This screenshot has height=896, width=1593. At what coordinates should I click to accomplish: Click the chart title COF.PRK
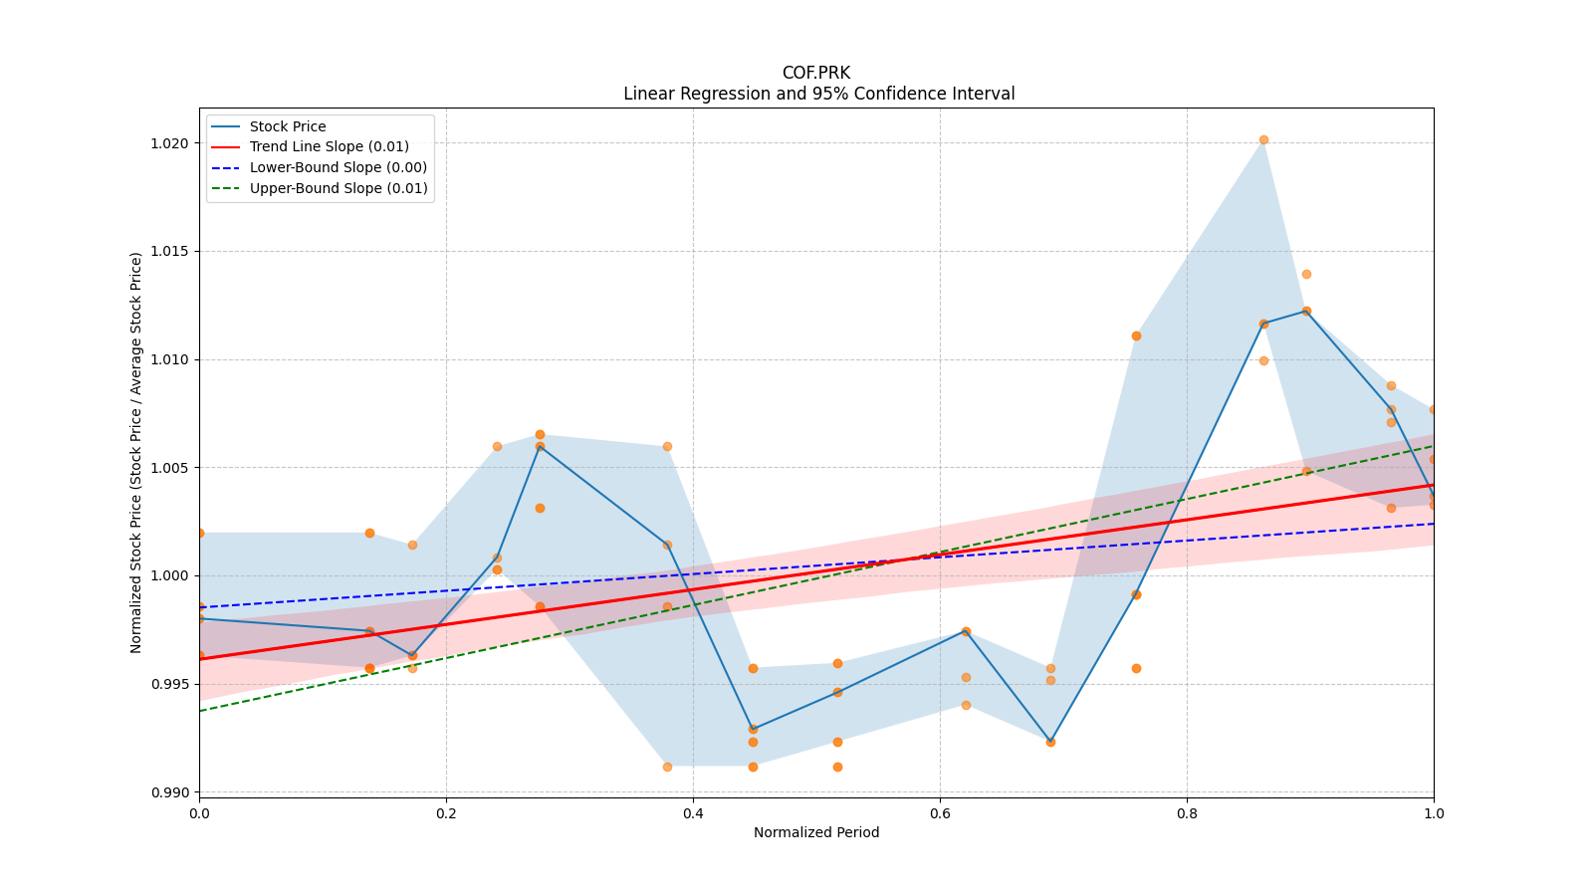(x=815, y=73)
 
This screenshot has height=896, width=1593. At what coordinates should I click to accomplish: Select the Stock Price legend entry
(x=287, y=126)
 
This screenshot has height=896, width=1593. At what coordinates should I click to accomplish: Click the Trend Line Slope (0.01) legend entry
(x=329, y=147)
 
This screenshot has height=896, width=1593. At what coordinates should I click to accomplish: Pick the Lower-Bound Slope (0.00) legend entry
(x=338, y=167)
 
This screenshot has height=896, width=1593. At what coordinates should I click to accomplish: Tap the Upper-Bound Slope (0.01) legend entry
(x=338, y=188)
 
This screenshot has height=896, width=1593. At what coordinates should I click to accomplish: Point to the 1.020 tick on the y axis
(x=170, y=143)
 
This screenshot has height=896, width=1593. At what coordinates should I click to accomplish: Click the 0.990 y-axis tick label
(x=170, y=792)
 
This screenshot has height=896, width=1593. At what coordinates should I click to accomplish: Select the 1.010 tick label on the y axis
(x=170, y=359)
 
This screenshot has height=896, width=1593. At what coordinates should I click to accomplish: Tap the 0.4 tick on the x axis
(x=693, y=813)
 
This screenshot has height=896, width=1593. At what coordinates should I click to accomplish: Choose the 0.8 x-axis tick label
(x=1187, y=813)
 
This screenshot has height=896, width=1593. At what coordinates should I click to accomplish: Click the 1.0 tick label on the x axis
(x=1434, y=813)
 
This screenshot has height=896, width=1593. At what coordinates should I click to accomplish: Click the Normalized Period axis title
(x=815, y=832)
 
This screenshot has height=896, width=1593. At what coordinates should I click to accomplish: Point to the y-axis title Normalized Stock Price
(x=136, y=452)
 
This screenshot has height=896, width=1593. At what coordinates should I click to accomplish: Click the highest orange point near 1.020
(x=1263, y=140)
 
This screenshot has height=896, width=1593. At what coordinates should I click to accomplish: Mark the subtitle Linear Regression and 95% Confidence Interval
(x=818, y=94)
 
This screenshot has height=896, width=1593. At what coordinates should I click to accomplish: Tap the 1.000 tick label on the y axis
(x=170, y=576)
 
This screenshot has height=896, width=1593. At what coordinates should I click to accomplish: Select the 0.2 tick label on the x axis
(x=446, y=813)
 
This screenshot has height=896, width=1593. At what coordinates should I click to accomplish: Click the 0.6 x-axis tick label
(x=940, y=813)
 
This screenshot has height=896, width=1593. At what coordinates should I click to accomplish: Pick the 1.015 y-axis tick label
(x=170, y=252)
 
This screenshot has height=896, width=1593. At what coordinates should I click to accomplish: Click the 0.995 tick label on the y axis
(x=170, y=684)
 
